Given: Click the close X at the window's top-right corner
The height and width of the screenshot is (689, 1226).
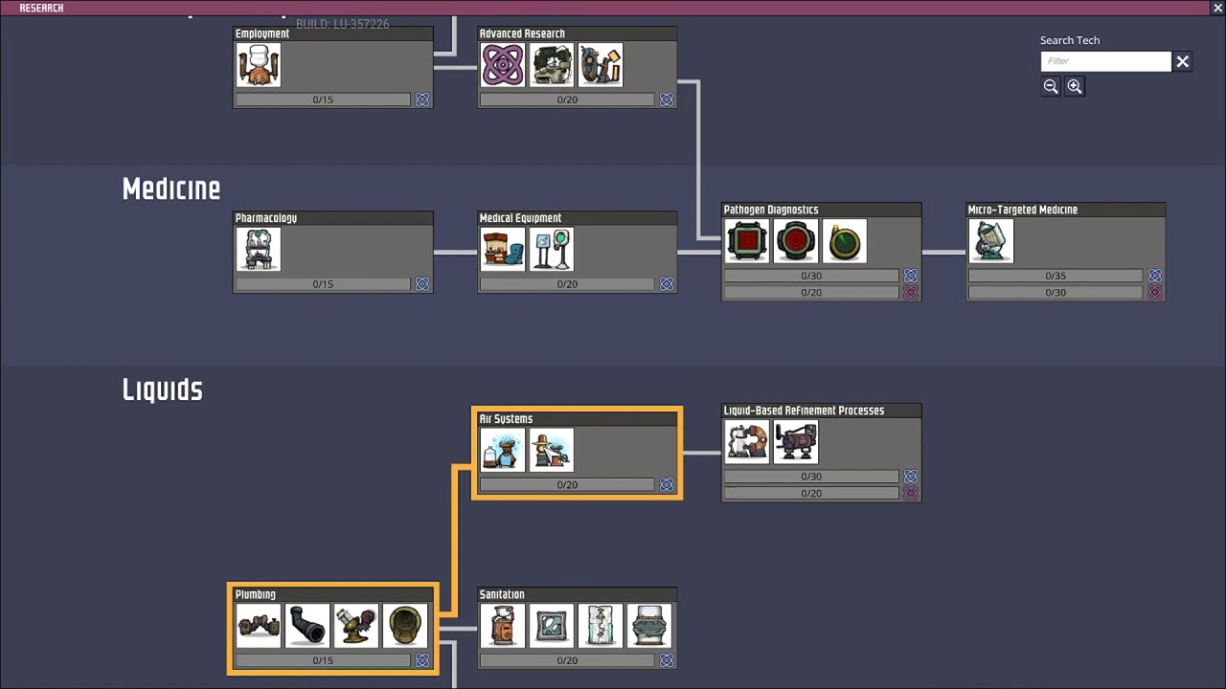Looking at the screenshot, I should [1217, 8].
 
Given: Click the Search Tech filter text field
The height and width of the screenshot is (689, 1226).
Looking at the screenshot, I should [1105, 61].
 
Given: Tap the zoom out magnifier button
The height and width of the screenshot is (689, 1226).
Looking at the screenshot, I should [1051, 86].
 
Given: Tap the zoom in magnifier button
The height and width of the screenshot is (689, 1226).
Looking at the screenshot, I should [1075, 86].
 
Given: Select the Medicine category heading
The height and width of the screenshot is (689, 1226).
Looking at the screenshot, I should [171, 189].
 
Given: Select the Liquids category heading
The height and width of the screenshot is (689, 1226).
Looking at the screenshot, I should [163, 390].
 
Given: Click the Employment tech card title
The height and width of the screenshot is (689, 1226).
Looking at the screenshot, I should [262, 33].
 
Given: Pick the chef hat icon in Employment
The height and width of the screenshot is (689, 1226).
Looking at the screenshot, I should [259, 65].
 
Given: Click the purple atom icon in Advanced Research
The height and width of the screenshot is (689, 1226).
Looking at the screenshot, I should [503, 65].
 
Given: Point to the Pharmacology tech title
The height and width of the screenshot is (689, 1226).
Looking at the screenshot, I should [266, 218].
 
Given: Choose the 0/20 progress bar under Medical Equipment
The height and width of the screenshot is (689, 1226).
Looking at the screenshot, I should [567, 284].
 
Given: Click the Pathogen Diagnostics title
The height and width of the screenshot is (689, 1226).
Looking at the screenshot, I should [771, 210].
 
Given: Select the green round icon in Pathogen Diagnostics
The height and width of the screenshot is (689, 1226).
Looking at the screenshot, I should [845, 241].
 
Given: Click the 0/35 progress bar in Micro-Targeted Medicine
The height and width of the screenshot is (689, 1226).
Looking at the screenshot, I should [1055, 276].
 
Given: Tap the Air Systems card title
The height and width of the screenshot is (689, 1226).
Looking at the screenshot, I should [506, 419].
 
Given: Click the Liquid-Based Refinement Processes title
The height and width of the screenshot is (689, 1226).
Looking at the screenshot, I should [804, 411].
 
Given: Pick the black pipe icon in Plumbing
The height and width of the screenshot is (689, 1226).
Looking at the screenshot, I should [307, 626].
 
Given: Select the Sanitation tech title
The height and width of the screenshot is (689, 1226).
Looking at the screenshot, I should [502, 594].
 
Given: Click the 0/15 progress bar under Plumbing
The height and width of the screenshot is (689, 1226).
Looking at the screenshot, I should [323, 660].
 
